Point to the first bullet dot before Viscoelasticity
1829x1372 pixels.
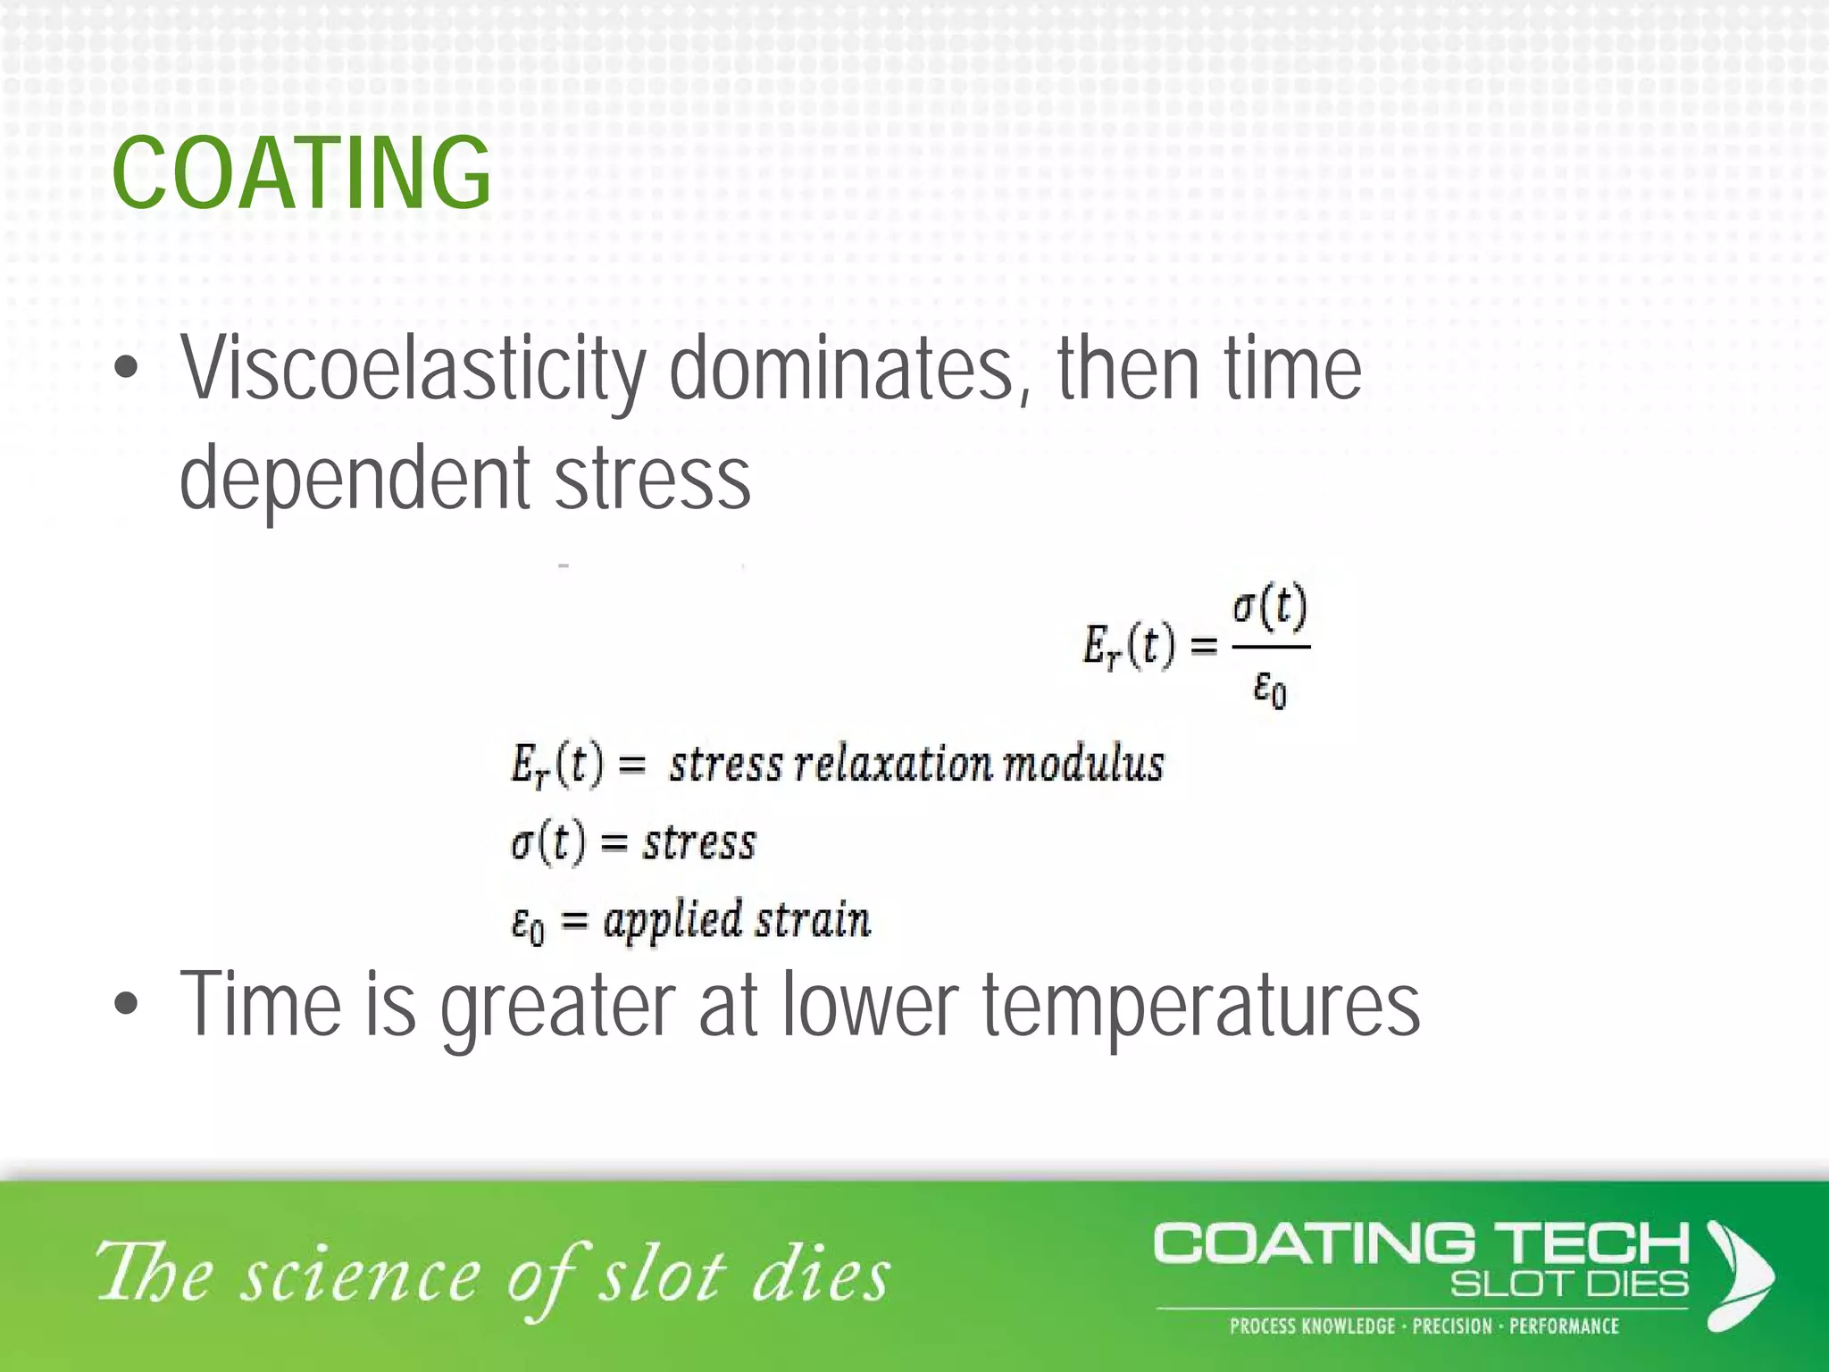coord(127,369)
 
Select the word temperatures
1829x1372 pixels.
coord(1201,1005)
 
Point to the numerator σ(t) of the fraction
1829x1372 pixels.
coord(1270,608)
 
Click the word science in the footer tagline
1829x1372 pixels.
coord(362,1276)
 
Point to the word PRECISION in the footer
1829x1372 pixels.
coord(1451,1326)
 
